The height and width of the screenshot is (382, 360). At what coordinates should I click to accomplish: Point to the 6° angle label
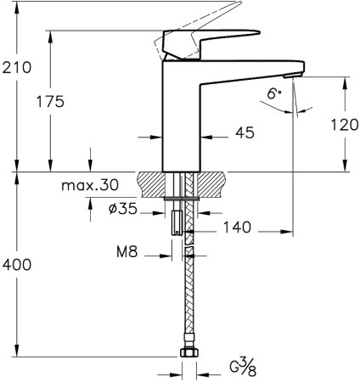[273, 97]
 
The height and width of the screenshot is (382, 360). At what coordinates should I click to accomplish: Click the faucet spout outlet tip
[293, 76]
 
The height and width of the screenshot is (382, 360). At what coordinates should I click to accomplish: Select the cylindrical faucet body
[180, 127]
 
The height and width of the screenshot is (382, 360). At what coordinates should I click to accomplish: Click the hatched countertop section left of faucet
[153, 182]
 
